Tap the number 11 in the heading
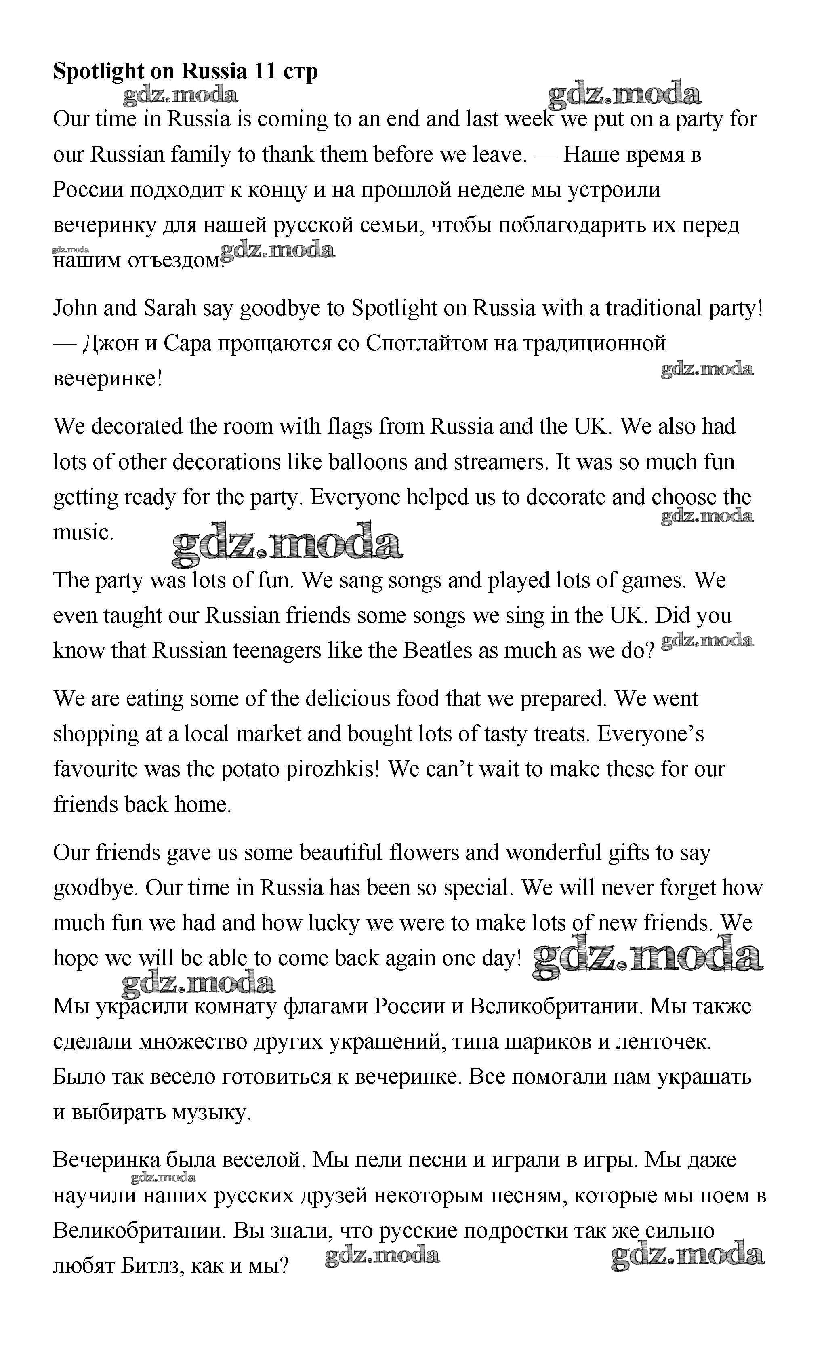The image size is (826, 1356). point(266,72)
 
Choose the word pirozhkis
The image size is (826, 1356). point(328,769)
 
